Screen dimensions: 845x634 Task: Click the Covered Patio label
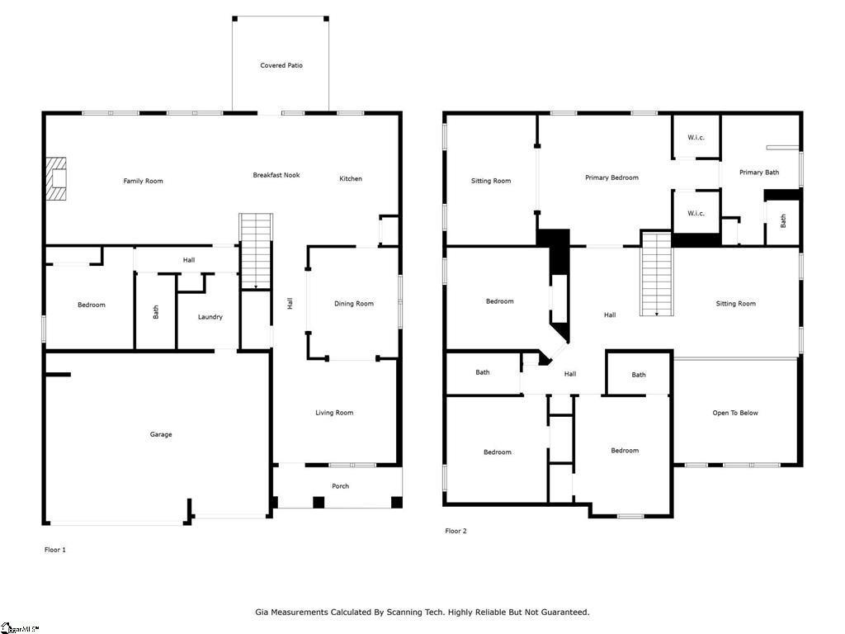pyautogui.click(x=281, y=65)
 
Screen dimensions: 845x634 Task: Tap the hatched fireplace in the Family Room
pyautogui.click(x=55, y=179)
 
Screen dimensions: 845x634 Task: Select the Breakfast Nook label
pyautogui.click(x=276, y=175)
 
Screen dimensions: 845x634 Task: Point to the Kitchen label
pyautogui.click(x=350, y=178)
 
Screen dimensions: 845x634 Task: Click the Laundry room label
pyautogui.click(x=210, y=317)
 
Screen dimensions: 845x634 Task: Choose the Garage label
pyautogui.click(x=161, y=434)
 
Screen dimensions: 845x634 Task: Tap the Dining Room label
pyautogui.click(x=353, y=304)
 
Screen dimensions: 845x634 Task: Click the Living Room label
pyautogui.click(x=334, y=413)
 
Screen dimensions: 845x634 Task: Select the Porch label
pyautogui.click(x=340, y=486)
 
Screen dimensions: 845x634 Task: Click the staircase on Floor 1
pyautogui.click(x=256, y=252)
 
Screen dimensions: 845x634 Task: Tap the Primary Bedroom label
pyautogui.click(x=611, y=177)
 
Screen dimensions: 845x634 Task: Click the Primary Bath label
pyautogui.click(x=759, y=173)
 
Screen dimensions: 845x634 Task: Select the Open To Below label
pyautogui.click(x=735, y=413)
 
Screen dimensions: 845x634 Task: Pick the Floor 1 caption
pyautogui.click(x=55, y=550)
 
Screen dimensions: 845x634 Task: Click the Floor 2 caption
pyautogui.click(x=456, y=531)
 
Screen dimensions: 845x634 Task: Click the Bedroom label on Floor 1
pyautogui.click(x=92, y=305)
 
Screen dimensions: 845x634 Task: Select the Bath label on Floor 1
pyautogui.click(x=156, y=311)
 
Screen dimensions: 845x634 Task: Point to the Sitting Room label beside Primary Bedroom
pyautogui.click(x=491, y=181)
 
